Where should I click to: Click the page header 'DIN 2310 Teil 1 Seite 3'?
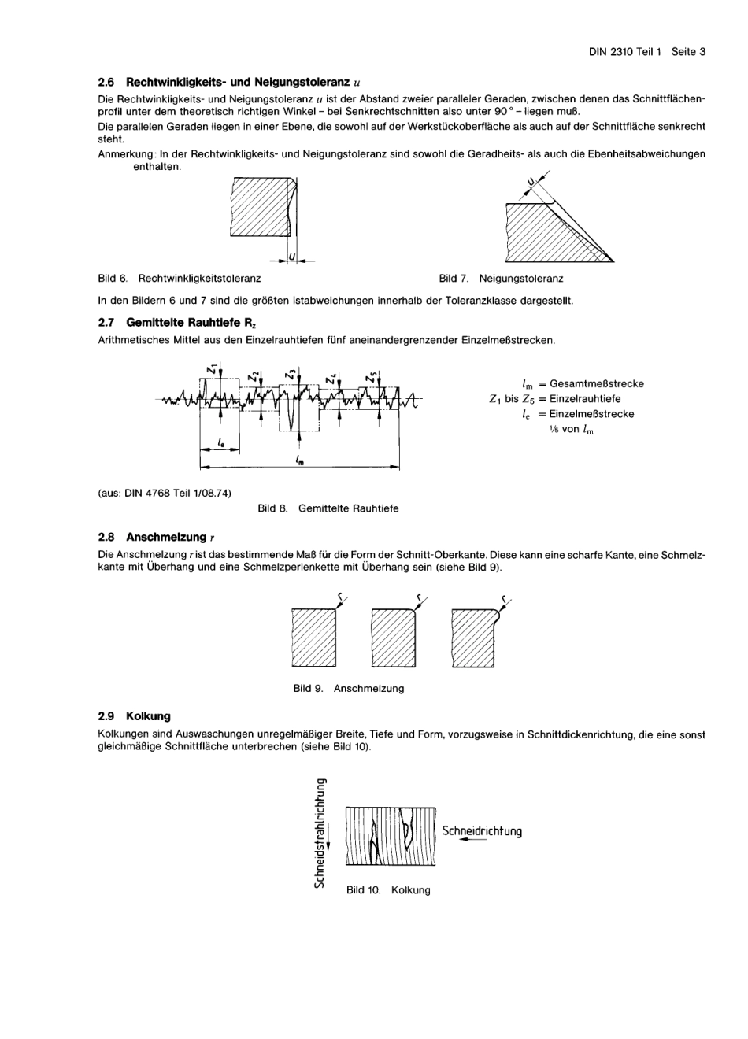646,52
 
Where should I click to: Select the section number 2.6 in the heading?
106,82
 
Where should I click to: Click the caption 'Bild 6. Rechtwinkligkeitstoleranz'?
180,279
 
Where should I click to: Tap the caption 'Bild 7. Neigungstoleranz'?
501,279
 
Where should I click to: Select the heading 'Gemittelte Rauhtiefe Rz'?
191,324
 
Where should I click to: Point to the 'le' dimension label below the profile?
221,444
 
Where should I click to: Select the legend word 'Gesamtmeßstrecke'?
596,384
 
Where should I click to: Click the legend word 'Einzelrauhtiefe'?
584,399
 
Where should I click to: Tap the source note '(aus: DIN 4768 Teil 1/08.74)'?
165,494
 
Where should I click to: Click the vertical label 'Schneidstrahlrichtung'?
320,833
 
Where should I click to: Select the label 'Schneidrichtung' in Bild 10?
482,831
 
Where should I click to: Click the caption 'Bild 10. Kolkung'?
388,890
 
